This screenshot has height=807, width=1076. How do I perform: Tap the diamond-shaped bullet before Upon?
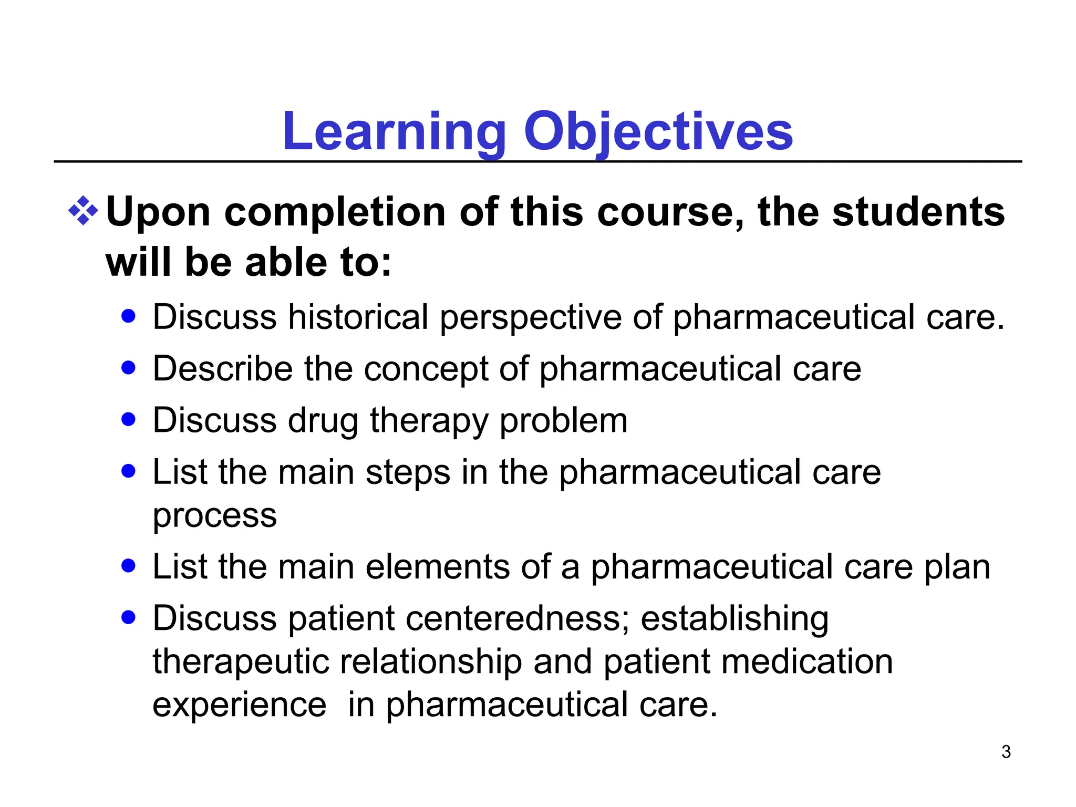tap(83, 211)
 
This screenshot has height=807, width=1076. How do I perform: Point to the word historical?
tap(358, 317)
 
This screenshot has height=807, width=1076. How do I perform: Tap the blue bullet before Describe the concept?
tap(128, 367)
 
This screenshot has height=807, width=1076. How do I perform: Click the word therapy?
tap(429, 421)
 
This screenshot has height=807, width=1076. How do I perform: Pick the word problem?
tap(563, 421)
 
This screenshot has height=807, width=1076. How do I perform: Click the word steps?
tap(408, 472)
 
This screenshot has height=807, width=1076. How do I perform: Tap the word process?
tap(214, 516)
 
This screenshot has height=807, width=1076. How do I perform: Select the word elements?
tap(438, 567)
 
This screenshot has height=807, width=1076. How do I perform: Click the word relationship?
tap(431, 661)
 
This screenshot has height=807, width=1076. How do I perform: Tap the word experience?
tap(239, 705)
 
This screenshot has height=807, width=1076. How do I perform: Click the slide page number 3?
tap(1006, 752)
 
